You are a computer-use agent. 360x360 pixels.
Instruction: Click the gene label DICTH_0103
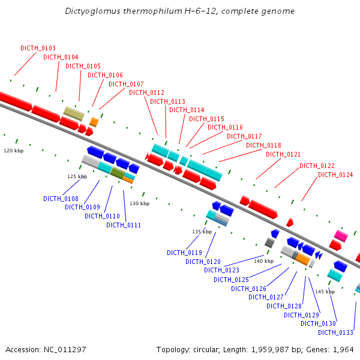(x=38, y=48)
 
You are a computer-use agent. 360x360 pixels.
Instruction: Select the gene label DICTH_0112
(x=146, y=92)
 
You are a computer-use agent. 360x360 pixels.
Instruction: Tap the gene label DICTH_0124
(x=335, y=175)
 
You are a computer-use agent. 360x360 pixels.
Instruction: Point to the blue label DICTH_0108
(x=61, y=199)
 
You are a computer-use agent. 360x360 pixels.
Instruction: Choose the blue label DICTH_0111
(x=124, y=225)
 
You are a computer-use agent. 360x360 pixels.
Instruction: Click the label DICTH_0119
(x=184, y=253)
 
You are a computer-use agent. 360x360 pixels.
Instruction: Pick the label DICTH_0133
(x=335, y=332)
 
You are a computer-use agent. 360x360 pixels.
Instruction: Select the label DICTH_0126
(x=248, y=289)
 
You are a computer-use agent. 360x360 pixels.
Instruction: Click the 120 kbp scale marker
(x=13, y=151)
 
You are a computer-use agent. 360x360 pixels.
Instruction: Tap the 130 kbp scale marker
(x=139, y=204)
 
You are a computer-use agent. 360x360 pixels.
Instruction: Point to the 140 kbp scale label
(x=263, y=261)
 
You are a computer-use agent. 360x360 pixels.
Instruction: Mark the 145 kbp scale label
(x=325, y=292)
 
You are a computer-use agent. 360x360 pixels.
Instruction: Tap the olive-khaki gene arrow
(x=74, y=113)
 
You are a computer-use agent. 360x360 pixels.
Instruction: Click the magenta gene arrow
(x=341, y=235)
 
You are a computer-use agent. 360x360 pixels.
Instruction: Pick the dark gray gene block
(x=269, y=242)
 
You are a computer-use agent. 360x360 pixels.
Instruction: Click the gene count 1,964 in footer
(x=343, y=349)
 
